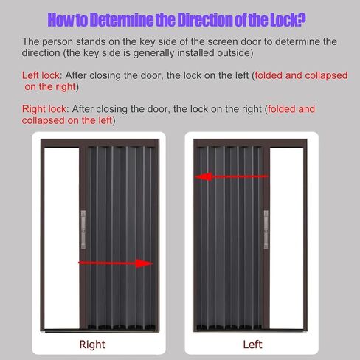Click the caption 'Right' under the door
[x=92, y=345]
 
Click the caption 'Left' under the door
[x=252, y=345]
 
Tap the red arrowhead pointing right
[x=146, y=263]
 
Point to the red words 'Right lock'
[x=46, y=109]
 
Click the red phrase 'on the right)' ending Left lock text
[x=52, y=86]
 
